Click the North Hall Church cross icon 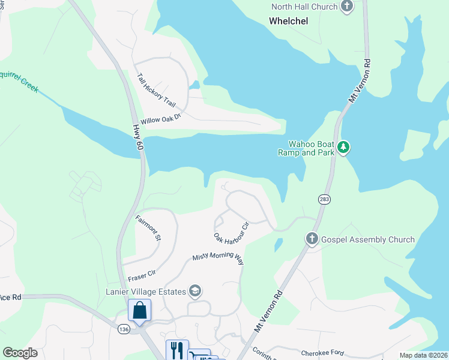(x=347, y=7)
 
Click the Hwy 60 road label (x=137, y=137)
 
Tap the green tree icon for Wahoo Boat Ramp (x=343, y=147)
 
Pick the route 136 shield (x=124, y=329)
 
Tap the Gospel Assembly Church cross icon (x=312, y=239)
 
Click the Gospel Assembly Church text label (x=367, y=239)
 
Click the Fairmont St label (x=148, y=228)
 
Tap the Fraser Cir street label (x=142, y=276)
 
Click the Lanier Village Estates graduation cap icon (x=194, y=292)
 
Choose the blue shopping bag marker (x=139, y=311)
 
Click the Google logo (x=20, y=352)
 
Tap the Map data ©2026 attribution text (x=423, y=355)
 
